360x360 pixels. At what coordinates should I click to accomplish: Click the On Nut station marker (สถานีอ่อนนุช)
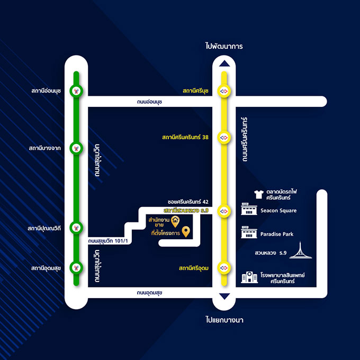pos(77,91)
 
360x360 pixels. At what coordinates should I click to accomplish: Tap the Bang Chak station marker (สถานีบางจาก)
pos(77,148)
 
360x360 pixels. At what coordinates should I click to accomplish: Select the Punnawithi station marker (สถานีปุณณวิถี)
pos(77,228)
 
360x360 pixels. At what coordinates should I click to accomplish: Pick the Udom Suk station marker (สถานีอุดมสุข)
pos(77,268)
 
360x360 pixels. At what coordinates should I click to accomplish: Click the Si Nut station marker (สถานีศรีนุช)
pos(225,91)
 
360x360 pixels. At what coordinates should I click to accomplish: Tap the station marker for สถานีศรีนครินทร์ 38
pos(225,137)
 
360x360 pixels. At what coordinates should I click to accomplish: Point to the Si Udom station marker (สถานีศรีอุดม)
pos(225,268)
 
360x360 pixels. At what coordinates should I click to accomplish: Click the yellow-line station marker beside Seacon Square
pos(225,211)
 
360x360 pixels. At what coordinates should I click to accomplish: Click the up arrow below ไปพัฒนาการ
pos(225,64)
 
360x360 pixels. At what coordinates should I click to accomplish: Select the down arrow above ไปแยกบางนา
pos(225,296)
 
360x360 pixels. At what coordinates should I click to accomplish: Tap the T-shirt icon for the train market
pos(259,194)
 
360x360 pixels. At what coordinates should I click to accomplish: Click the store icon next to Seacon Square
pos(248,210)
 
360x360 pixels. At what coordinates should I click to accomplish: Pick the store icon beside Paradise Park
pos(248,233)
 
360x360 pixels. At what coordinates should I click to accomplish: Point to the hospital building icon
pos(249,277)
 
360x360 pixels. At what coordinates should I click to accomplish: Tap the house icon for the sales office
pos(175,221)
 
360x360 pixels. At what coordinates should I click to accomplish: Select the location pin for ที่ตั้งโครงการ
pos(186,232)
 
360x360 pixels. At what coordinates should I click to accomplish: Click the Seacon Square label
pos(278,211)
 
